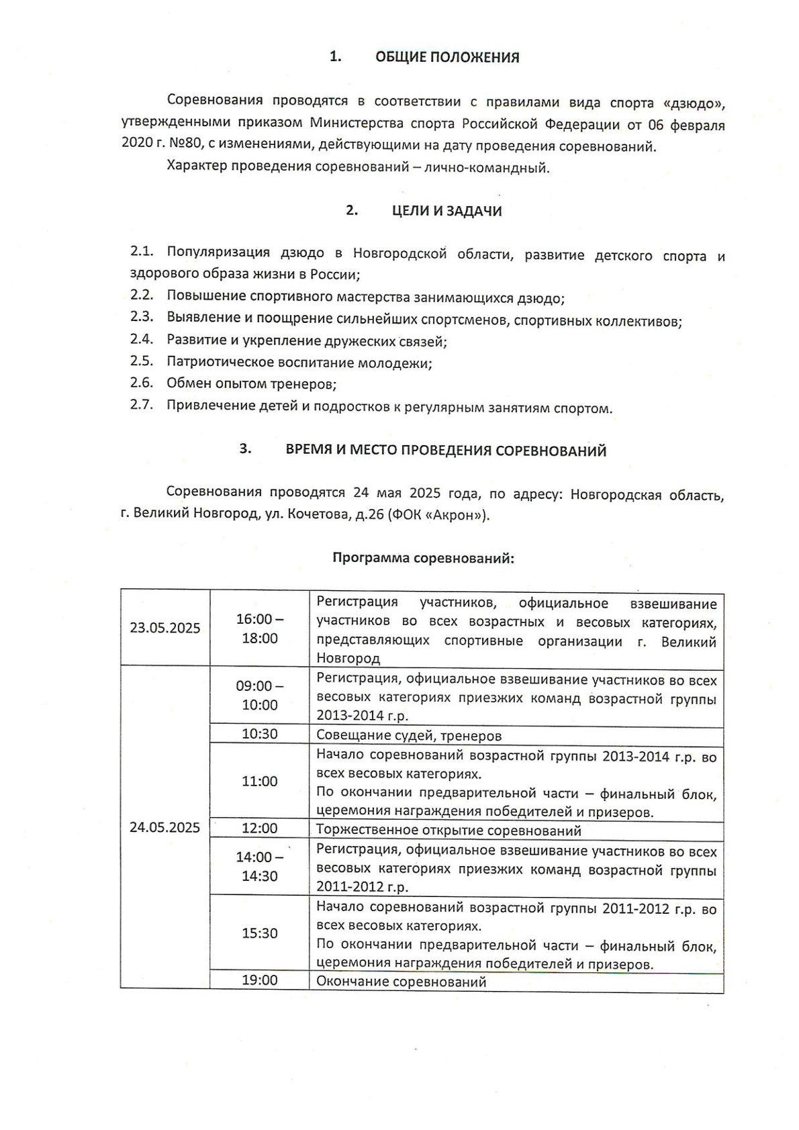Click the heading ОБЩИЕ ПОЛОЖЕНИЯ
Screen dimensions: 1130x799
[x=446, y=58]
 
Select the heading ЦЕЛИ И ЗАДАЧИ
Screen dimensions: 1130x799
[x=446, y=211]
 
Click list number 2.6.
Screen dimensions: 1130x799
[x=142, y=383]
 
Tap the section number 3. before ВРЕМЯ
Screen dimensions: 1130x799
[x=246, y=450]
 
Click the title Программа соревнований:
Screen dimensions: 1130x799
[x=423, y=558]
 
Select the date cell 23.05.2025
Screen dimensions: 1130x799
[x=165, y=628]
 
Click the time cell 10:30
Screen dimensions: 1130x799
[x=260, y=735]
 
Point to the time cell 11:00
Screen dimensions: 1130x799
[x=260, y=782]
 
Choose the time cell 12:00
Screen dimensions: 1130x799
[x=260, y=829]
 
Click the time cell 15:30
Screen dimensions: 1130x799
[x=260, y=934]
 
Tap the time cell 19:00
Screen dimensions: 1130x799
[x=260, y=981]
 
